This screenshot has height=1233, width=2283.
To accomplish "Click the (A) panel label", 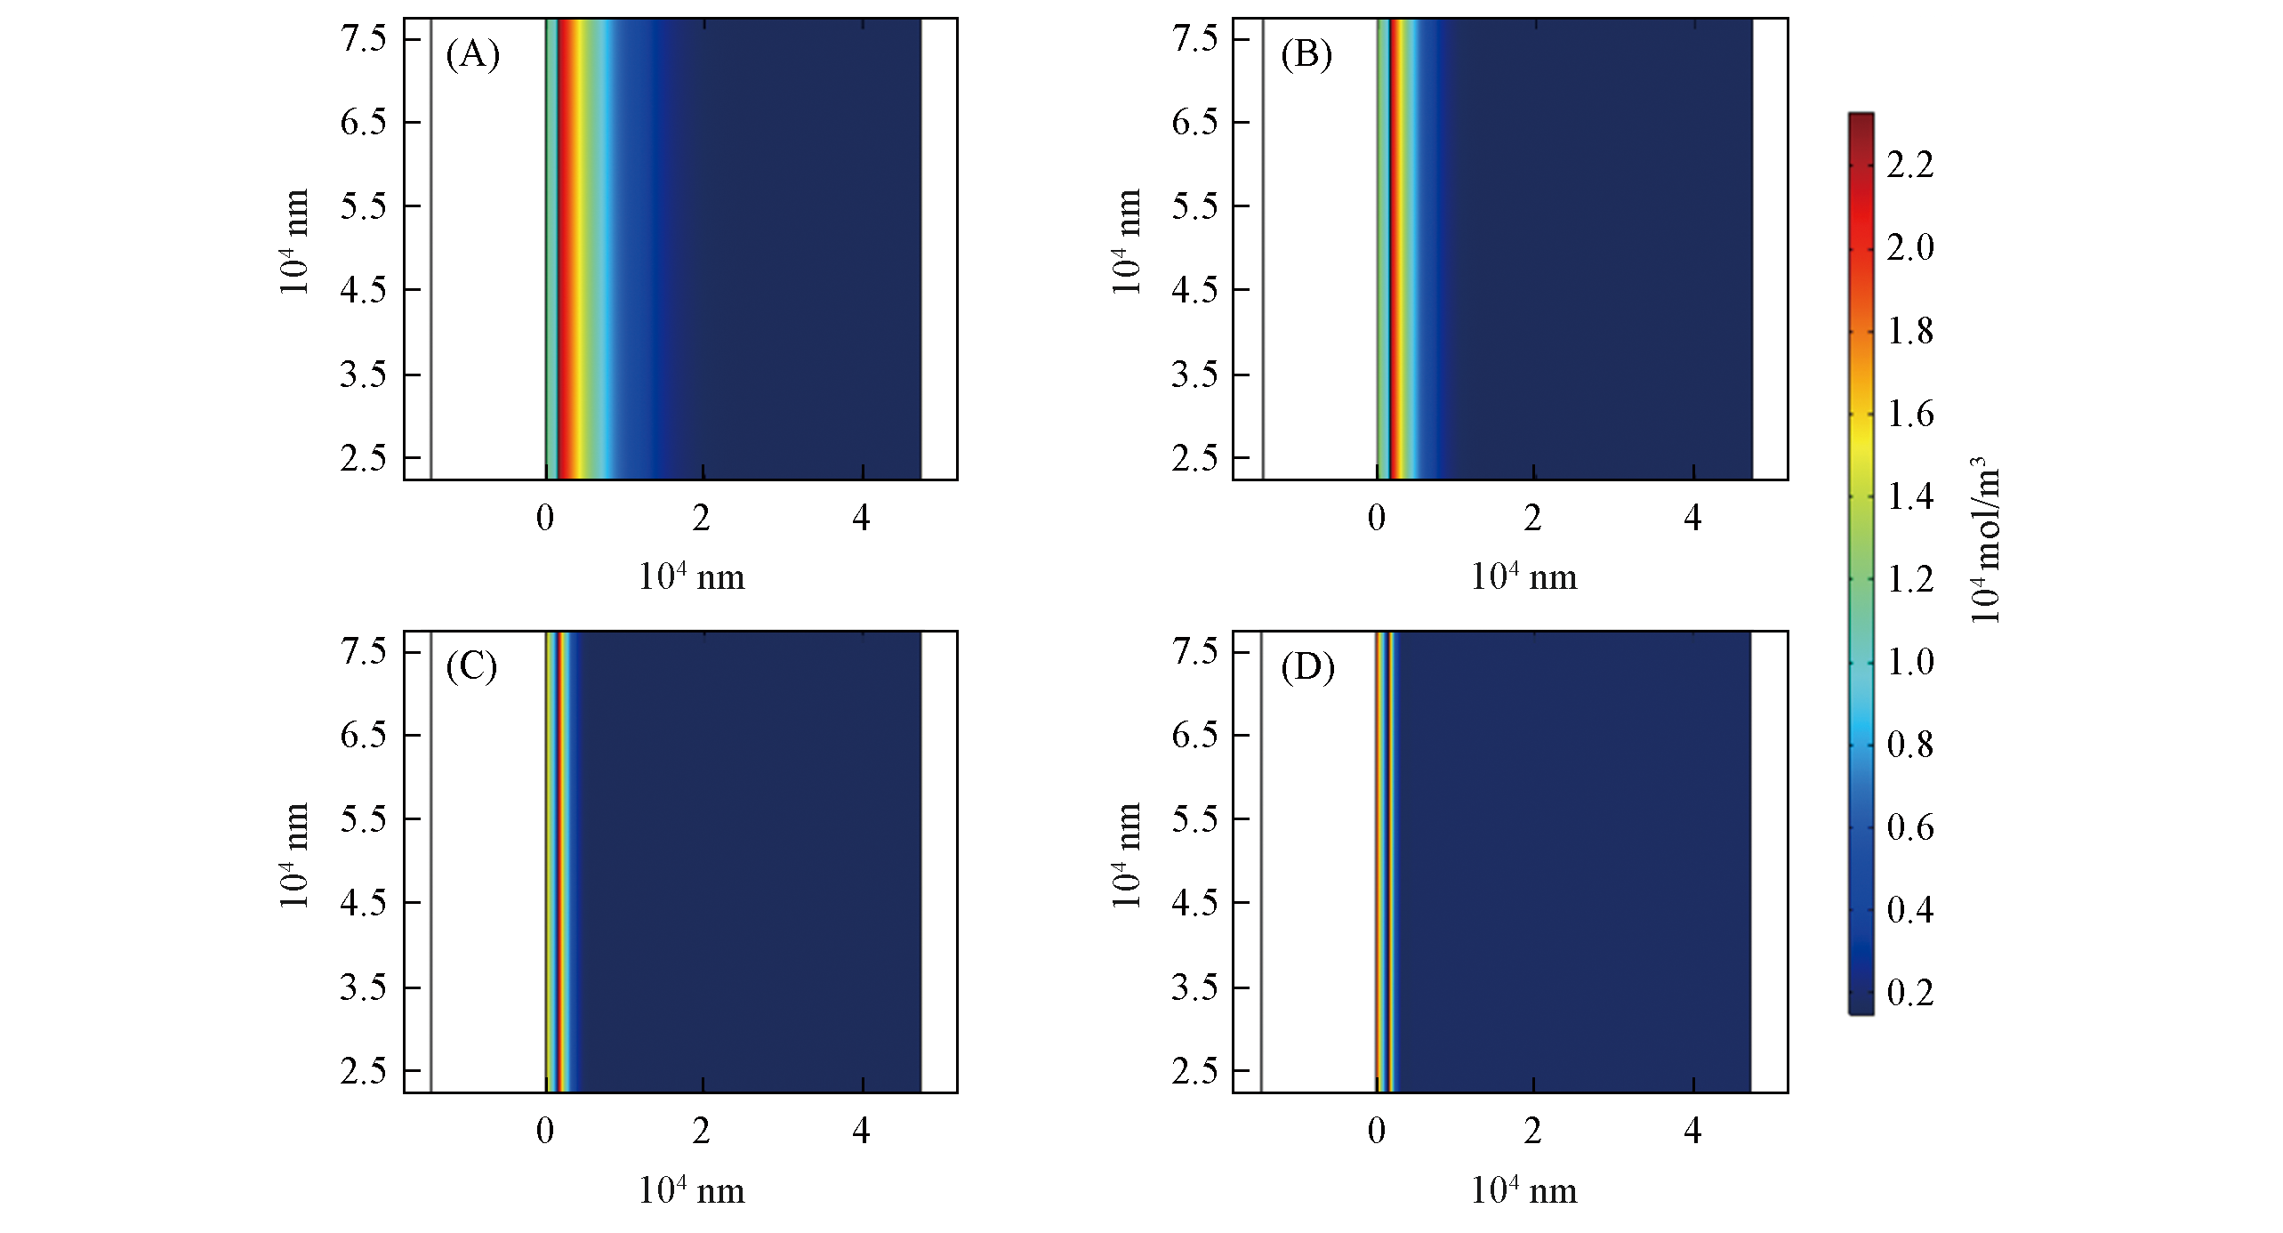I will [472, 55].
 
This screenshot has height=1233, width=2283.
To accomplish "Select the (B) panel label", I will [1306, 55].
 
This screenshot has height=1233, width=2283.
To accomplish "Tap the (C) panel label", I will [471, 666].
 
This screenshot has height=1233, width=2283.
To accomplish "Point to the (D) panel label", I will [1307, 667].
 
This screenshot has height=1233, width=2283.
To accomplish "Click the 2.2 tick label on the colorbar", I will [1909, 165].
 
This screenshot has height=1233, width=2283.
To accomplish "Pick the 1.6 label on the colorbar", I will [1909, 414].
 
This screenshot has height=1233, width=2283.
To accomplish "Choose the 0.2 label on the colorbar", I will [1909, 992].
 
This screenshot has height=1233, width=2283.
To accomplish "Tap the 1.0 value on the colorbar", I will [1909, 662].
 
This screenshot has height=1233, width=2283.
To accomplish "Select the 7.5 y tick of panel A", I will [363, 39].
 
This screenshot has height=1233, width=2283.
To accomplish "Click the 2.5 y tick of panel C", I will [363, 1070].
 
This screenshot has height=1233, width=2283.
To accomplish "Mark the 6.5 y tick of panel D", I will [1194, 736].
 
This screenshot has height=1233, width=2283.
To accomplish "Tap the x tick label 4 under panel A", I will [861, 518].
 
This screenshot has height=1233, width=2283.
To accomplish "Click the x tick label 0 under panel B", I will [1376, 518].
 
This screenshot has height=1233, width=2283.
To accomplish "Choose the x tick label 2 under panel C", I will [702, 1131].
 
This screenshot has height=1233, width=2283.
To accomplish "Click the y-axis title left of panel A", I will [294, 242].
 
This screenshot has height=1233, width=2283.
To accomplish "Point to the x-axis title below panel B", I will [1523, 577].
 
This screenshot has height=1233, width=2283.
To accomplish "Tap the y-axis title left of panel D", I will [1126, 856].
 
